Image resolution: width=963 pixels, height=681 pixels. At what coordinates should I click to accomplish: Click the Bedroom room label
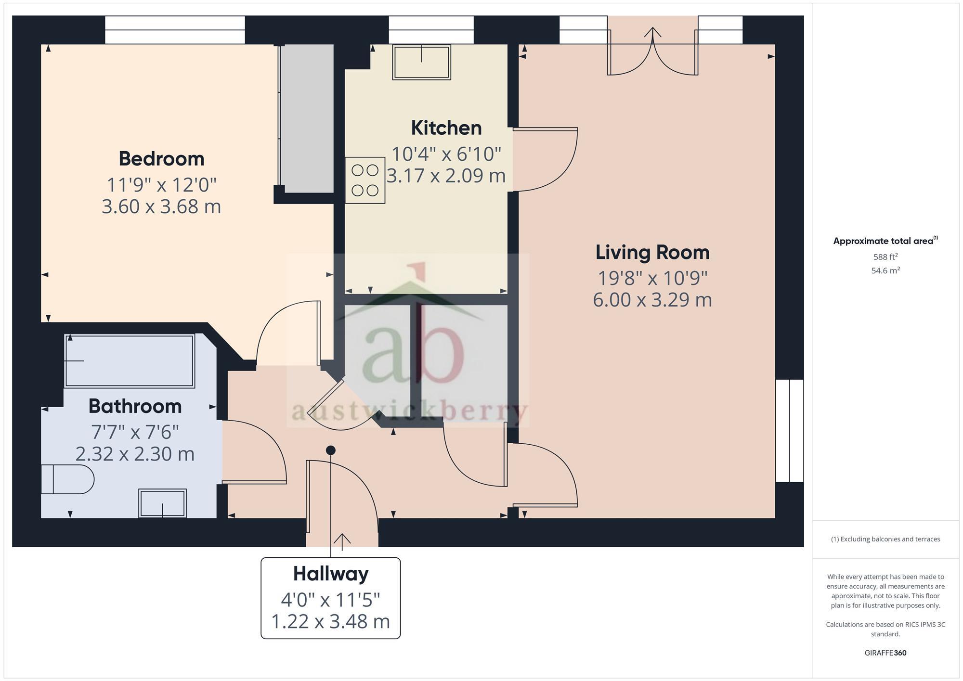(x=161, y=159)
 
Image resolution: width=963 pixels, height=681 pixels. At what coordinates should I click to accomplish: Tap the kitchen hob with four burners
(x=365, y=180)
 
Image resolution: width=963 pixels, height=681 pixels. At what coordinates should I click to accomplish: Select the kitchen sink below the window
(x=421, y=62)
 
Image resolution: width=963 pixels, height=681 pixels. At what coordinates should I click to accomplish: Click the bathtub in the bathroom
(x=130, y=361)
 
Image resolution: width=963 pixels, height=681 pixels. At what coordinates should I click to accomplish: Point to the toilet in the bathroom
(x=67, y=479)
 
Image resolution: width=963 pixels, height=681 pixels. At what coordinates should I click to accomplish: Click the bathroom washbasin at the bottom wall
(x=162, y=503)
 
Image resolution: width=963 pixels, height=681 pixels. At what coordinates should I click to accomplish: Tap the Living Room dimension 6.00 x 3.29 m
(x=652, y=300)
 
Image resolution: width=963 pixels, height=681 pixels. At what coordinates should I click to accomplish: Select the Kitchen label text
(x=446, y=128)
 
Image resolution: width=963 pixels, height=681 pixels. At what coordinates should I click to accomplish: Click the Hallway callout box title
(x=331, y=574)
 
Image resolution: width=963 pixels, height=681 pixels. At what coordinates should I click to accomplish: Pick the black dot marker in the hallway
(x=331, y=450)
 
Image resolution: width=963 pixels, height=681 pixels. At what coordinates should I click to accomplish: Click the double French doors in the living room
(x=652, y=53)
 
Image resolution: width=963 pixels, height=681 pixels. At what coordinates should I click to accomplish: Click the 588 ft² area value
(x=885, y=257)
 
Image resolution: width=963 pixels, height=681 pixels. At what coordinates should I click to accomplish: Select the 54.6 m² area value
(x=885, y=270)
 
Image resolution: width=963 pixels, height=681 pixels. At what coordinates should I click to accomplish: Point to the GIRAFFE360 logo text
(x=885, y=653)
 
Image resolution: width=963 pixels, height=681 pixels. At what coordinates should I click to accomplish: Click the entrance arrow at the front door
(x=342, y=541)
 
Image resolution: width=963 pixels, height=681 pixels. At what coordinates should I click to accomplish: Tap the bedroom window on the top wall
(x=175, y=30)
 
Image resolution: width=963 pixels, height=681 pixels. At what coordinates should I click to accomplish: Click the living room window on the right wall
(x=790, y=431)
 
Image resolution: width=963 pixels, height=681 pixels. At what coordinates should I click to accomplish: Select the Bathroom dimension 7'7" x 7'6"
(x=135, y=432)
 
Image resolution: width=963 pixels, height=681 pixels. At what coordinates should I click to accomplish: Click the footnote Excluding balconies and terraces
(x=885, y=539)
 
